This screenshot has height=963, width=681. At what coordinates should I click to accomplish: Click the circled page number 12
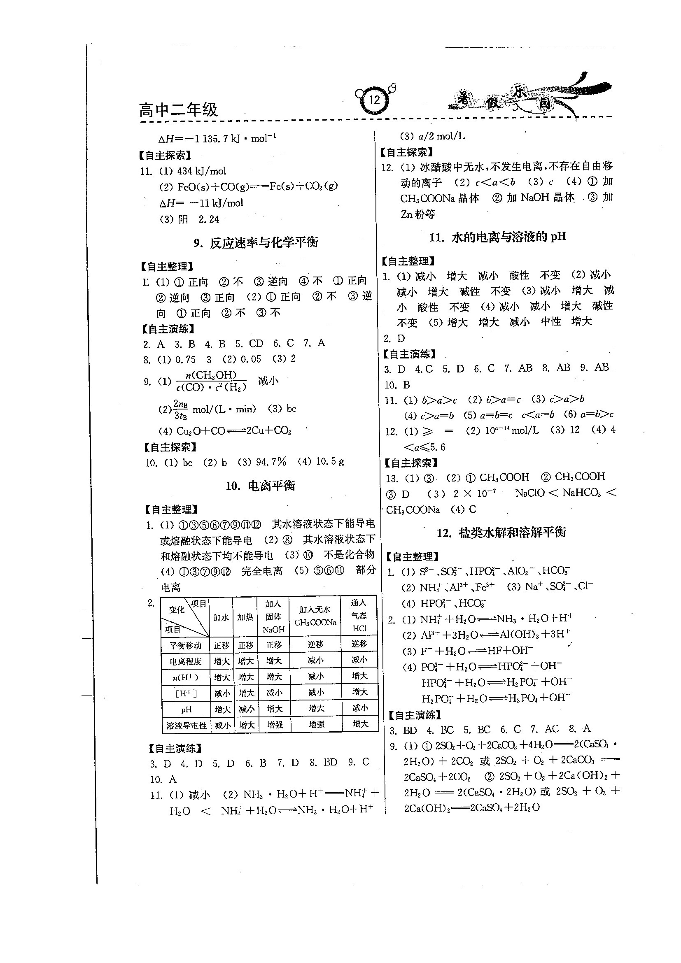(374, 100)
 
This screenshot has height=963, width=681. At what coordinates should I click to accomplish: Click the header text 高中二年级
(178, 110)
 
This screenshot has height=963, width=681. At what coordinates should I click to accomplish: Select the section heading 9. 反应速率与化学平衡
(256, 243)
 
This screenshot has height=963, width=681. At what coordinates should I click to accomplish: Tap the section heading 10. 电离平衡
(260, 486)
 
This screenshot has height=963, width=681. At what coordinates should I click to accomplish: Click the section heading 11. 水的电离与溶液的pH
(497, 237)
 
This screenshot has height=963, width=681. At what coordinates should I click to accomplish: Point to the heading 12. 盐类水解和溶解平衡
(501, 533)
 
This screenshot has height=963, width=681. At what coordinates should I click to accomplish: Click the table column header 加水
(221, 617)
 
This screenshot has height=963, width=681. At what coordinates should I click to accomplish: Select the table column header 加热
(245, 617)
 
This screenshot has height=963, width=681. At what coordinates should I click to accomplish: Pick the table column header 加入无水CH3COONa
(315, 616)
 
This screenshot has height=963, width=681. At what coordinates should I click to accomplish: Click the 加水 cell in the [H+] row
(222, 694)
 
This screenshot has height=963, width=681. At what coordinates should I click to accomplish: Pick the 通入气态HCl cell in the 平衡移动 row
(359, 644)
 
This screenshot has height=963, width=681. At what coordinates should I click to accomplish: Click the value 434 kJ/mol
(201, 171)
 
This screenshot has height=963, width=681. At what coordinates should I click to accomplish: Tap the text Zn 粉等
(418, 214)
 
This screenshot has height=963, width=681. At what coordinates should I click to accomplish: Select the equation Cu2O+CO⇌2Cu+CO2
(234, 431)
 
